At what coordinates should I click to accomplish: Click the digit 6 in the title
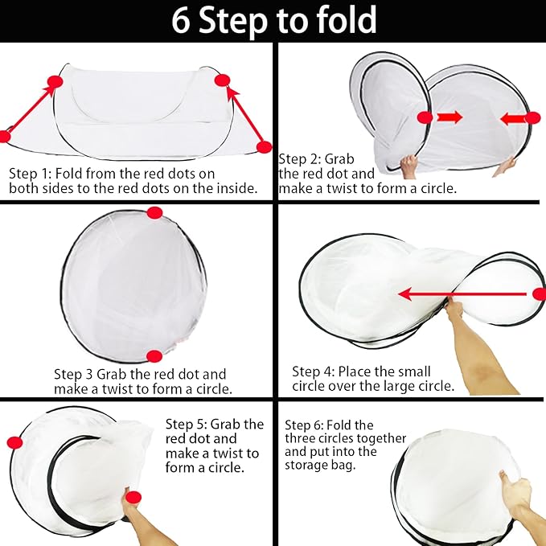[x=181, y=21]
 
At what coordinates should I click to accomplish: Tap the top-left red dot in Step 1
[x=55, y=82]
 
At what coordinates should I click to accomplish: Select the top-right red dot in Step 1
[x=223, y=80]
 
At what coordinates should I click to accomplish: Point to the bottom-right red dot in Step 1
[x=265, y=147]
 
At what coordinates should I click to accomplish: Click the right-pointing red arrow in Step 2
[x=450, y=117]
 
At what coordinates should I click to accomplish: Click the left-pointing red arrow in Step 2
[x=514, y=120]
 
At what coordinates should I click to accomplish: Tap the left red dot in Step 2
[x=425, y=117]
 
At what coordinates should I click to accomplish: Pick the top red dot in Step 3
[x=154, y=213]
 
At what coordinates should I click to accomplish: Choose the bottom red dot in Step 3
[x=154, y=356]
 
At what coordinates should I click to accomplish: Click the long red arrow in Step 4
[x=462, y=294]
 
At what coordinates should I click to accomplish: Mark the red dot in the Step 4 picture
[x=540, y=294]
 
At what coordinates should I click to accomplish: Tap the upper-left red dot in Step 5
[x=14, y=442]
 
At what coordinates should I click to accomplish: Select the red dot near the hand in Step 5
[x=133, y=497]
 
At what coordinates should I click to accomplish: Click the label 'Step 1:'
[x=31, y=174]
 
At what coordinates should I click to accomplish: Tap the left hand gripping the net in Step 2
[x=408, y=166]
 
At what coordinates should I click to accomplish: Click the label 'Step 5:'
[x=187, y=425]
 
